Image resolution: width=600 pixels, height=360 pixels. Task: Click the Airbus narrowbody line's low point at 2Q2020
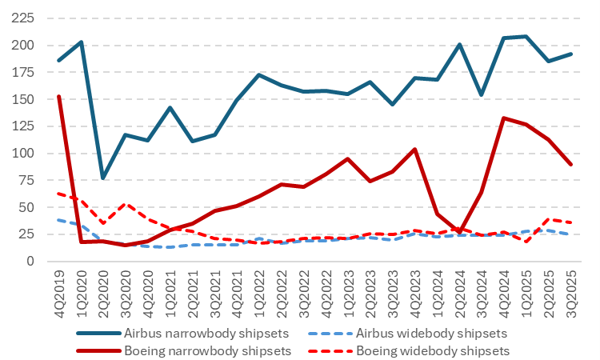coord(103,178)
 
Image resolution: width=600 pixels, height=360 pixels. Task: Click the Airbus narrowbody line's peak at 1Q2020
coord(81,42)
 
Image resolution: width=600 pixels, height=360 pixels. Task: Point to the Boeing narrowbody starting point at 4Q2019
coord(58,96)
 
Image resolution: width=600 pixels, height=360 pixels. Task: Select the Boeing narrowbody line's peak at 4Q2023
coord(413,149)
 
